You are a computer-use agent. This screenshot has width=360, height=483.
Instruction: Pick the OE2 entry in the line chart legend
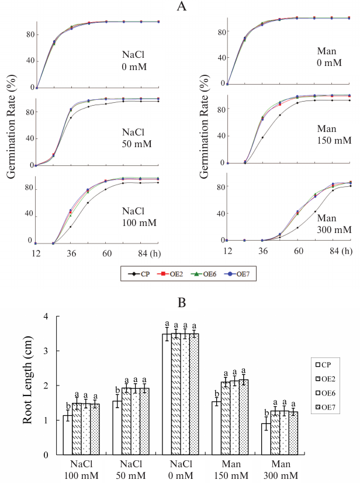[x=176, y=273]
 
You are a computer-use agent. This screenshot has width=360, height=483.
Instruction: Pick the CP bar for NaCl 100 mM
[x=68, y=435]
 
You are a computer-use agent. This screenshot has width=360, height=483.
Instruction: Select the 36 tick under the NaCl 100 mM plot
[x=71, y=253]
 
